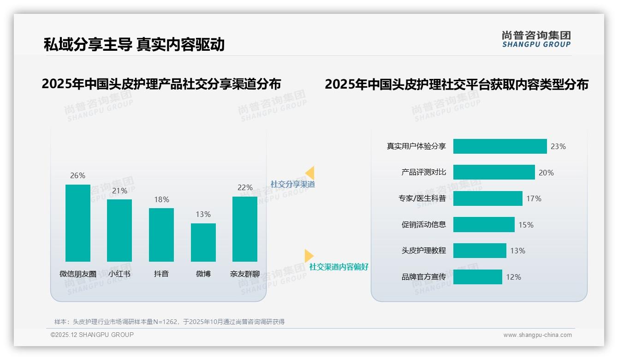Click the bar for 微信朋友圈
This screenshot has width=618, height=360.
click(x=78, y=223)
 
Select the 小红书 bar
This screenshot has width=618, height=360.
click(x=119, y=230)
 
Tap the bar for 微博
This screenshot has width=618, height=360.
click(x=203, y=242)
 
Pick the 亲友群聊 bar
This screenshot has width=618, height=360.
click(x=245, y=229)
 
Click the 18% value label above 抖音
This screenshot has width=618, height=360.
click(x=161, y=200)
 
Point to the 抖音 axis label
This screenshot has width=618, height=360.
click(x=161, y=274)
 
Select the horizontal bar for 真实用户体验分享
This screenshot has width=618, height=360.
click(x=500, y=146)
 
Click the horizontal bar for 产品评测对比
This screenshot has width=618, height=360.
click(x=494, y=172)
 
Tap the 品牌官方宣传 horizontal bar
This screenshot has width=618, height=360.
click(x=478, y=277)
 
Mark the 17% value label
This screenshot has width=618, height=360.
click(x=534, y=198)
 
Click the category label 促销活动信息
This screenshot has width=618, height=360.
click(x=424, y=225)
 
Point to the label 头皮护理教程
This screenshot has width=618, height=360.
click(x=424, y=251)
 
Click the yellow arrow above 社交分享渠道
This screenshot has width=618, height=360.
click(x=310, y=173)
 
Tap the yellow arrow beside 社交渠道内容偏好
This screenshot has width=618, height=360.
click(x=309, y=255)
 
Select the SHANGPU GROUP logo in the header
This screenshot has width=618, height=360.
click(x=536, y=39)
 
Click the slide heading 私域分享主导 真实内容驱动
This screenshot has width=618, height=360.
click(x=134, y=44)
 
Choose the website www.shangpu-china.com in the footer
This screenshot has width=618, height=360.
click(x=537, y=335)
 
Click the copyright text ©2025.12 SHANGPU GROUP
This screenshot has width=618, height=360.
click(x=92, y=335)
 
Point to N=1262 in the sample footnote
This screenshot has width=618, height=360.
click(x=163, y=322)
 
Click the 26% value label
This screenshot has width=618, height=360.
click(x=77, y=176)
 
